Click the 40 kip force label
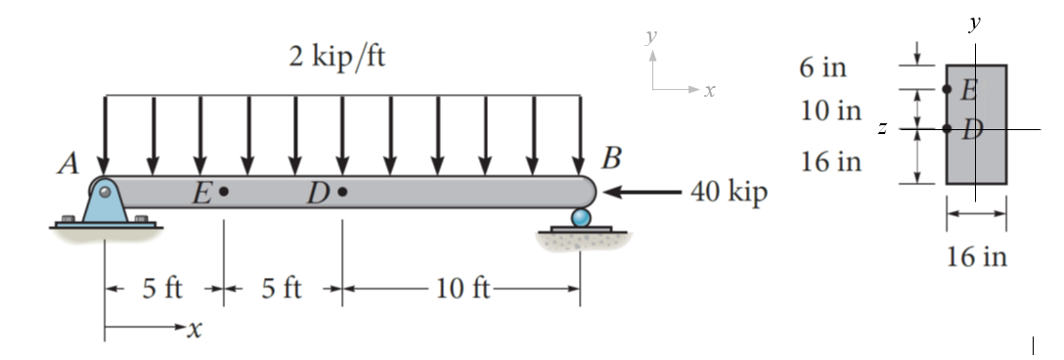pyautogui.click(x=729, y=192)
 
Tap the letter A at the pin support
pyautogui.click(x=67, y=164)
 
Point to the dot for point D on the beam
pyautogui.click(x=342, y=192)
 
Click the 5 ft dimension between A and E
pyautogui.click(x=162, y=290)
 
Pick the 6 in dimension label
pyautogui.click(x=822, y=68)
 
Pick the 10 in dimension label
pyautogui.click(x=830, y=111)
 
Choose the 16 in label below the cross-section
pyautogui.click(x=975, y=258)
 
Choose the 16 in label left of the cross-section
pyautogui.click(x=830, y=161)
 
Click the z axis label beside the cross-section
pyautogui.click(x=882, y=128)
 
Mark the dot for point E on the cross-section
pyautogui.click(x=947, y=89)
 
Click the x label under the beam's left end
pyautogui.click(x=193, y=332)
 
